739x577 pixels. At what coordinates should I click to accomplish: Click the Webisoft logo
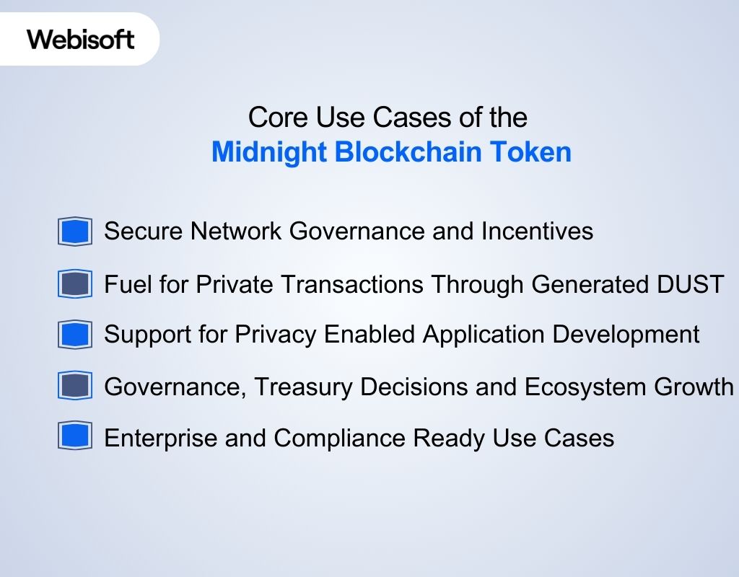[81, 39]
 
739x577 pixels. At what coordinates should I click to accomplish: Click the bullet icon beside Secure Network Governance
[75, 232]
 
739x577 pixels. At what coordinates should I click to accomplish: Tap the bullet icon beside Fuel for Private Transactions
[75, 284]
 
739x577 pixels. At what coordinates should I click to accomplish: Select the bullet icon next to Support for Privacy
[75, 335]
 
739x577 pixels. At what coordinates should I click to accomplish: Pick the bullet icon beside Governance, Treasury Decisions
[75, 387]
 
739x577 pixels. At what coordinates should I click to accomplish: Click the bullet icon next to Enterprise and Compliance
[75, 437]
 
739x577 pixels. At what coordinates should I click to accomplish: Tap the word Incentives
[537, 231]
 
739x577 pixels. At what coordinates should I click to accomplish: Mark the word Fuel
[125, 284]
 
